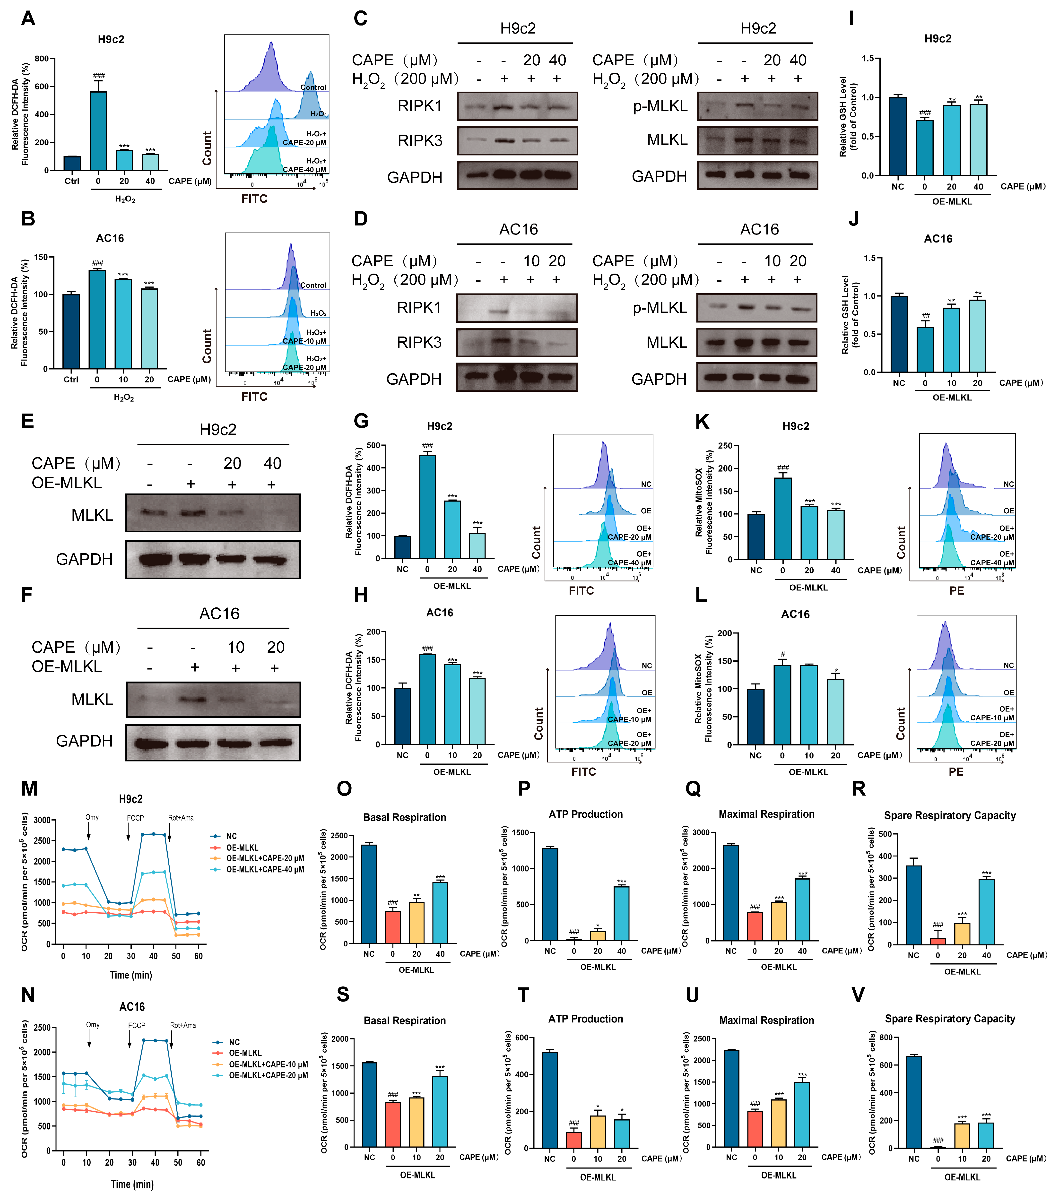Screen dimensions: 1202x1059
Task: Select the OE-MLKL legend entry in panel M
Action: click(x=242, y=847)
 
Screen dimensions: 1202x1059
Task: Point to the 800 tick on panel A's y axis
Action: click(x=41, y=59)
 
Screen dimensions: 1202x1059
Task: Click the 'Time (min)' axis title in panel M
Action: click(x=130, y=975)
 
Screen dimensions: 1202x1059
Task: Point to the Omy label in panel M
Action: click(x=92, y=817)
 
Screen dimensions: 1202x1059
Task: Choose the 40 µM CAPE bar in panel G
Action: click(x=477, y=546)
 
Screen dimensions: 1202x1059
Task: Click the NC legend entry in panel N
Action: click(x=234, y=1042)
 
